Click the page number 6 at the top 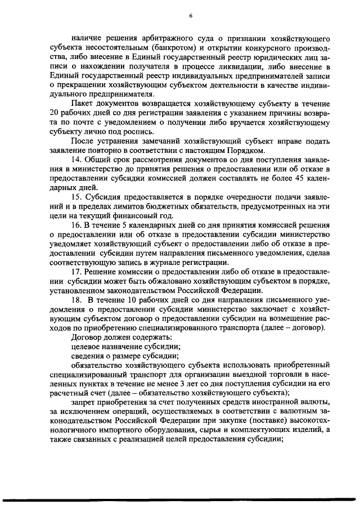191,16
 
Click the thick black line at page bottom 180,499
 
